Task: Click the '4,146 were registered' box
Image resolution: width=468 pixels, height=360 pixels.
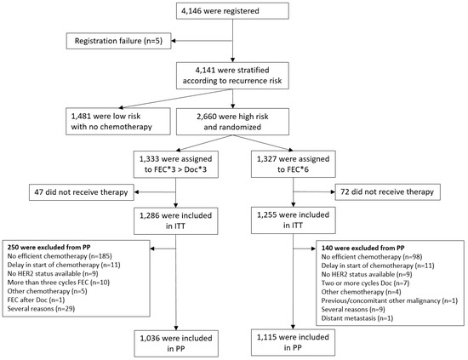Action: [232, 11]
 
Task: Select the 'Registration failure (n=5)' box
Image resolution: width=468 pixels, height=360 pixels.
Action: [118, 41]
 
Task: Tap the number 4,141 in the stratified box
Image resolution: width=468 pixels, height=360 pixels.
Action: [204, 70]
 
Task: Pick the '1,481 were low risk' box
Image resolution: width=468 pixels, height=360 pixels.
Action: [118, 122]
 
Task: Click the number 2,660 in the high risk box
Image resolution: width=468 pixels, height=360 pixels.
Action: [206, 117]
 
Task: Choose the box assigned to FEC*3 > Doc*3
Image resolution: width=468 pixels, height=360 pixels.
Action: [176, 164]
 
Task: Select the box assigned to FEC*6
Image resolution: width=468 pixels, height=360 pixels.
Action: [294, 164]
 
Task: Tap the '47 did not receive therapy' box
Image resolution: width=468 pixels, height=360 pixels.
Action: [82, 192]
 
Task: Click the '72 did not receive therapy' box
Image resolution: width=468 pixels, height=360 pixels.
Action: [388, 192]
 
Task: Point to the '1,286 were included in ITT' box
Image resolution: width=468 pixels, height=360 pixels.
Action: [176, 221]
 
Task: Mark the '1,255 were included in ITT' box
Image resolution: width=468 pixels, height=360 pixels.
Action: [294, 220]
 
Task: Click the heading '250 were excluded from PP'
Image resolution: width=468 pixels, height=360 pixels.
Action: [49, 247]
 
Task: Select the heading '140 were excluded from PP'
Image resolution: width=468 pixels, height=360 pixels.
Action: [363, 248]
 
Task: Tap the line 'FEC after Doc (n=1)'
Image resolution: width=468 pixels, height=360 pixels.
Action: [36, 300]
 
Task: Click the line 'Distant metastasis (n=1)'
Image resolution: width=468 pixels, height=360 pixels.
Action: [357, 318]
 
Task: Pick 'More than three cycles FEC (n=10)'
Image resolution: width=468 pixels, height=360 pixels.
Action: [59, 283]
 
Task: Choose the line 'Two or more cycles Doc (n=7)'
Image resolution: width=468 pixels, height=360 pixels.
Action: [365, 283]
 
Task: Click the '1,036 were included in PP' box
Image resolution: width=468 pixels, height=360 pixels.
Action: [176, 344]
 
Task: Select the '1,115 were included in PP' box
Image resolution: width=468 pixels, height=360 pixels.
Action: [293, 342]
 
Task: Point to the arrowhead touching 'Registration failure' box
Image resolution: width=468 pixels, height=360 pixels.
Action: [174, 41]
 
